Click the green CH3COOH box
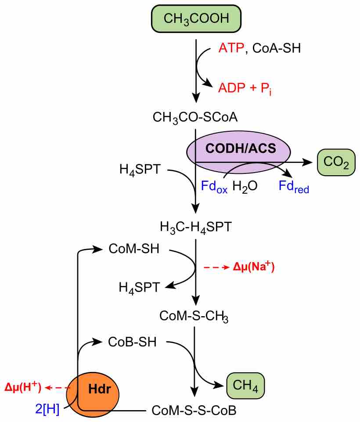pos(196,18)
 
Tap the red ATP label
pos(231,48)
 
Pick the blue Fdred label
pos(294,187)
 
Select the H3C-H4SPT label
pos(195,227)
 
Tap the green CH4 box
pos(245,386)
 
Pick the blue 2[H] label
pos(47,410)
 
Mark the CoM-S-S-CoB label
pos(194,411)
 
